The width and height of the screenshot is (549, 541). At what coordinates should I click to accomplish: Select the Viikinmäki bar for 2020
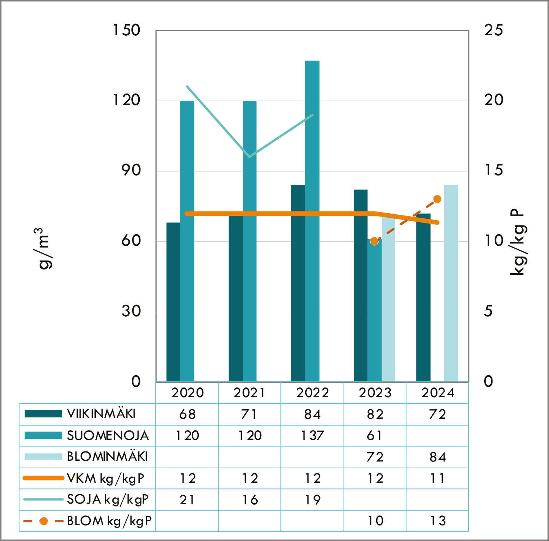[x=173, y=302]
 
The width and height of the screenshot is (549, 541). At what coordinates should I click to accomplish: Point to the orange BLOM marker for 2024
[x=437, y=199]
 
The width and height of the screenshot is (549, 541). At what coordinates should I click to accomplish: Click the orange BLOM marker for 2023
[x=374, y=241]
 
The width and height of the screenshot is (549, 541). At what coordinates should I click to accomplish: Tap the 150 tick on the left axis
[x=126, y=30]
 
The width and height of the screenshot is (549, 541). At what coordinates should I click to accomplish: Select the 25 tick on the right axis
[x=493, y=30]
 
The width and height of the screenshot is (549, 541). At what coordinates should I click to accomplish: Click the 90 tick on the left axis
[x=131, y=171]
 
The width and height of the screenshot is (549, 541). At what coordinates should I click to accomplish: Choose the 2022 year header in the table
[x=312, y=393]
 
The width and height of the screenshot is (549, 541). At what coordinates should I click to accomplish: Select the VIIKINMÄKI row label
[x=101, y=414]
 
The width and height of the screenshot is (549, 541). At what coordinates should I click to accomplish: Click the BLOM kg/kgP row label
[x=109, y=521]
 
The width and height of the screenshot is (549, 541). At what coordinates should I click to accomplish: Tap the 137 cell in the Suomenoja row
[x=312, y=436]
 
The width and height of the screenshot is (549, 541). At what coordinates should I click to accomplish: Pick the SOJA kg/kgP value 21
[x=187, y=500]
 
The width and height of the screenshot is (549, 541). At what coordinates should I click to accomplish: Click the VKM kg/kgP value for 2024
[x=437, y=478]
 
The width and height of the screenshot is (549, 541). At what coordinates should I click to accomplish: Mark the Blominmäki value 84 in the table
[x=437, y=457]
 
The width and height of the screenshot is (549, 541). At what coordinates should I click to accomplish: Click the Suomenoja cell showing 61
[x=374, y=436]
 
